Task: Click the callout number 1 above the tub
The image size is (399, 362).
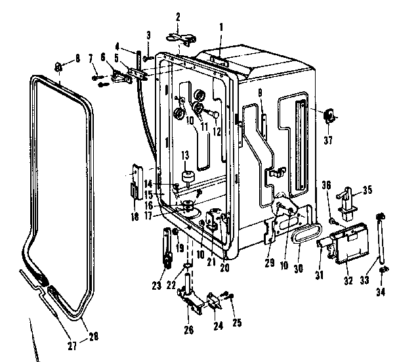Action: click(221, 27)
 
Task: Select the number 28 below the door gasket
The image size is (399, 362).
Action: click(94, 337)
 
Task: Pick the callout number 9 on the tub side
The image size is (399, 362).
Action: click(260, 93)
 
